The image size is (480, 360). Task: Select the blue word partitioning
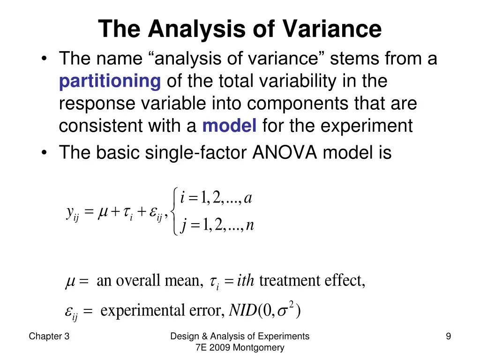tap(110, 82)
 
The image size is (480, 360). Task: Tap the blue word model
tap(229, 126)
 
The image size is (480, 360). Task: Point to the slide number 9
tap(449, 336)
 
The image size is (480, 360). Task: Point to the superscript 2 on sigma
tap(291, 305)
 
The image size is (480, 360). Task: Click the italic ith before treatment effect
tap(246, 281)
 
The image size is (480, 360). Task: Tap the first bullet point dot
tap(44, 60)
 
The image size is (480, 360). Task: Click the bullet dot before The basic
tap(44, 153)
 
